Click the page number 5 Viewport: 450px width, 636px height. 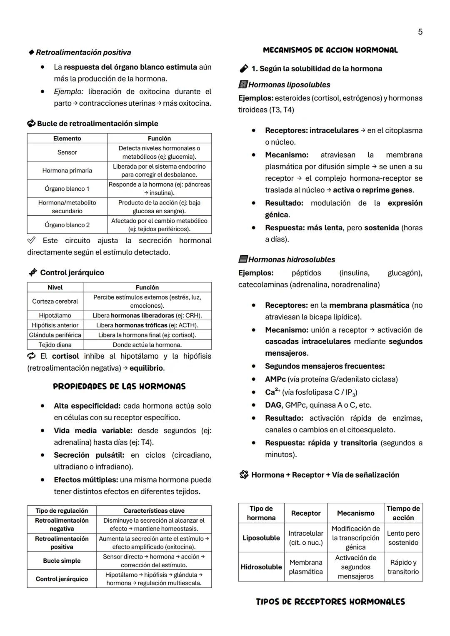click(420, 32)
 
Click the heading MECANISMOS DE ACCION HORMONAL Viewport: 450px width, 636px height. click(330, 50)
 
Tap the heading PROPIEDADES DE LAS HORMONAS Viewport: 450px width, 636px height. click(119, 387)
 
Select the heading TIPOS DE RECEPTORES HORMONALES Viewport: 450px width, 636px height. click(330, 602)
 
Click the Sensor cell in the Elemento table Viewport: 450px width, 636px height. click(67, 152)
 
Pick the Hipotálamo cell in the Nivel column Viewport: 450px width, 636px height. click(55, 315)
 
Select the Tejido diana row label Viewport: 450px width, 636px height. click(55, 345)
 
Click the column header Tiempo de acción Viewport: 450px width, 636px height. click(403, 513)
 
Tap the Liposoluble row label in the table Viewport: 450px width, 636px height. click(261, 538)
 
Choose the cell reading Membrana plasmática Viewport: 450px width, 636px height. click(306, 567)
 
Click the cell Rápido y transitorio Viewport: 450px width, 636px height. click(403, 567)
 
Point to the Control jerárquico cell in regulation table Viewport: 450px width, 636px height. click(62, 579)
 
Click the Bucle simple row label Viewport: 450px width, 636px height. click(62, 561)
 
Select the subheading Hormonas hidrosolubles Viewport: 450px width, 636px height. click(291, 259)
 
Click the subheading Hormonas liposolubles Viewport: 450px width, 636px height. click(289, 85)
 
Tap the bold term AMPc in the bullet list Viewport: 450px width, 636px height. click(275, 379)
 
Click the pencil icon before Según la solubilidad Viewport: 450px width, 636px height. click(244, 69)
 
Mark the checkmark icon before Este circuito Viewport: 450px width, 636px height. click(31, 240)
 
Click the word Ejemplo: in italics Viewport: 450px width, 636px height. click(69, 91)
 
